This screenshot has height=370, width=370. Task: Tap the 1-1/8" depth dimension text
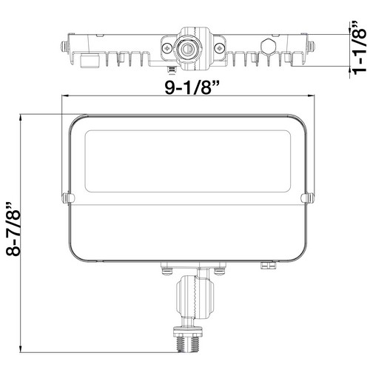point(358,47)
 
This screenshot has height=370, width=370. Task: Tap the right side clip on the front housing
point(306,198)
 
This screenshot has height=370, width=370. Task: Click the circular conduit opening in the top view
point(187,50)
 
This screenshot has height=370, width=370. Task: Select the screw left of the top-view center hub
point(165,50)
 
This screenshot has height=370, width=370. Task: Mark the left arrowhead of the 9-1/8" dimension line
point(64,97)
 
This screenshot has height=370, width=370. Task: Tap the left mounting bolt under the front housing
point(166,270)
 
